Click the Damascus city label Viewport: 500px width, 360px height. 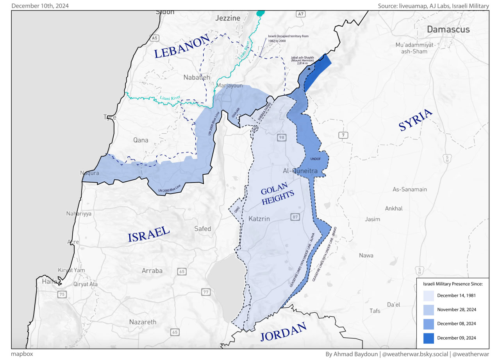[x=448, y=29]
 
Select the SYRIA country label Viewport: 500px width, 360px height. [x=416, y=120]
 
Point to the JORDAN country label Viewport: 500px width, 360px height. [x=283, y=333]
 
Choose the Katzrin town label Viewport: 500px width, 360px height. [x=259, y=219]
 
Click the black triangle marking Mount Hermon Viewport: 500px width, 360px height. [x=309, y=68]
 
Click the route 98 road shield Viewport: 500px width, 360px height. [x=281, y=137]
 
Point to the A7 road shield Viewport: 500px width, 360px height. [x=300, y=14]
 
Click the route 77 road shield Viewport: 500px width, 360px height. [x=206, y=292]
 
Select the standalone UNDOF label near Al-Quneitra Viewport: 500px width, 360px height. [x=315, y=159]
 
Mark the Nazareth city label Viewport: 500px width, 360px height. [x=143, y=322]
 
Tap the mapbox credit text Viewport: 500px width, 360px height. [x=22, y=354]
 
